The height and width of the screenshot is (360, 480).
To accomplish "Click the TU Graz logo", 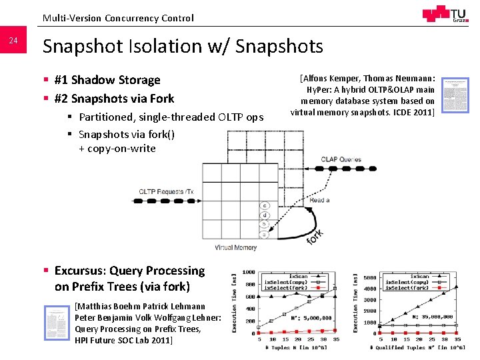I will click(x=444, y=14).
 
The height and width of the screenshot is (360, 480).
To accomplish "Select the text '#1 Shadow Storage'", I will click(x=107, y=80).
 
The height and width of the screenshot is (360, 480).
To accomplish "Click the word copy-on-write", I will click(x=121, y=148).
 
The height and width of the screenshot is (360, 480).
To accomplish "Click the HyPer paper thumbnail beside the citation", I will click(x=456, y=94).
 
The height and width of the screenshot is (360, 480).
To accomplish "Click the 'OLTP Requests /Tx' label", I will click(x=166, y=192).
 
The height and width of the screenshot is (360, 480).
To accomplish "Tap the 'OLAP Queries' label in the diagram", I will click(x=341, y=159).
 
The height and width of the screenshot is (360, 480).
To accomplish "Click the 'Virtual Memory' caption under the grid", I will click(x=235, y=248).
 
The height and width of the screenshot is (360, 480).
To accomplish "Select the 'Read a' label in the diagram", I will click(x=319, y=201).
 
